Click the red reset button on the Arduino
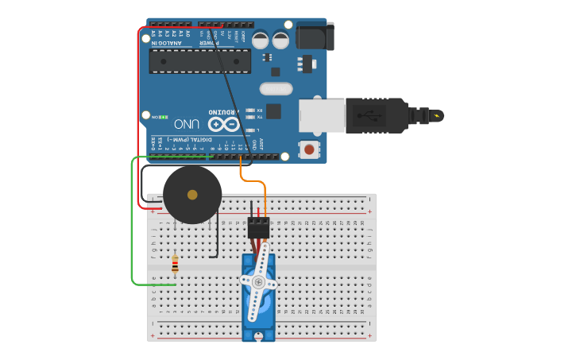pos(308,148)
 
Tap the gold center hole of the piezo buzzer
pos(192,195)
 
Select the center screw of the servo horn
pos(258,282)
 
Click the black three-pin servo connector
pos(258,228)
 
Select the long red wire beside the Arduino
pos(139,119)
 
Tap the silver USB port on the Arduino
pos(321,116)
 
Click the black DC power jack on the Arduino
pos(315,37)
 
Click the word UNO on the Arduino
pos(187,124)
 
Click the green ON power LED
pos(163,117)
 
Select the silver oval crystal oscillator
pos(276,88)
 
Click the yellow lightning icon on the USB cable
pos(435,116)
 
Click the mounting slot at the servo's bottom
pos(258,336)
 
